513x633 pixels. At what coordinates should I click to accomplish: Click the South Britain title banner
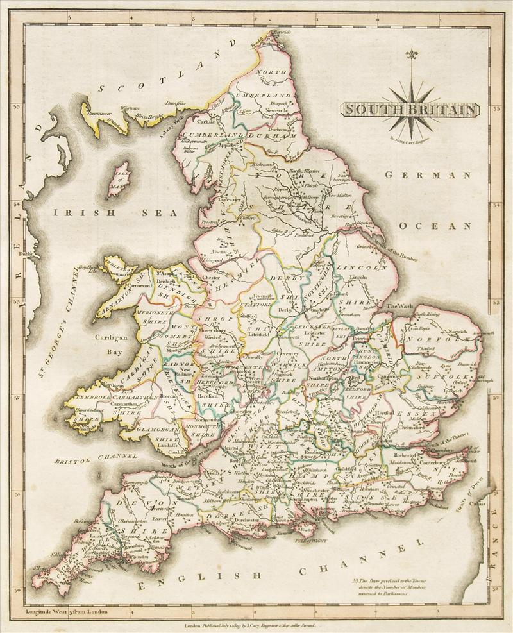tap(410, 109)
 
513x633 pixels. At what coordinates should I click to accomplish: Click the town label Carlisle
tap(190, 121)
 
